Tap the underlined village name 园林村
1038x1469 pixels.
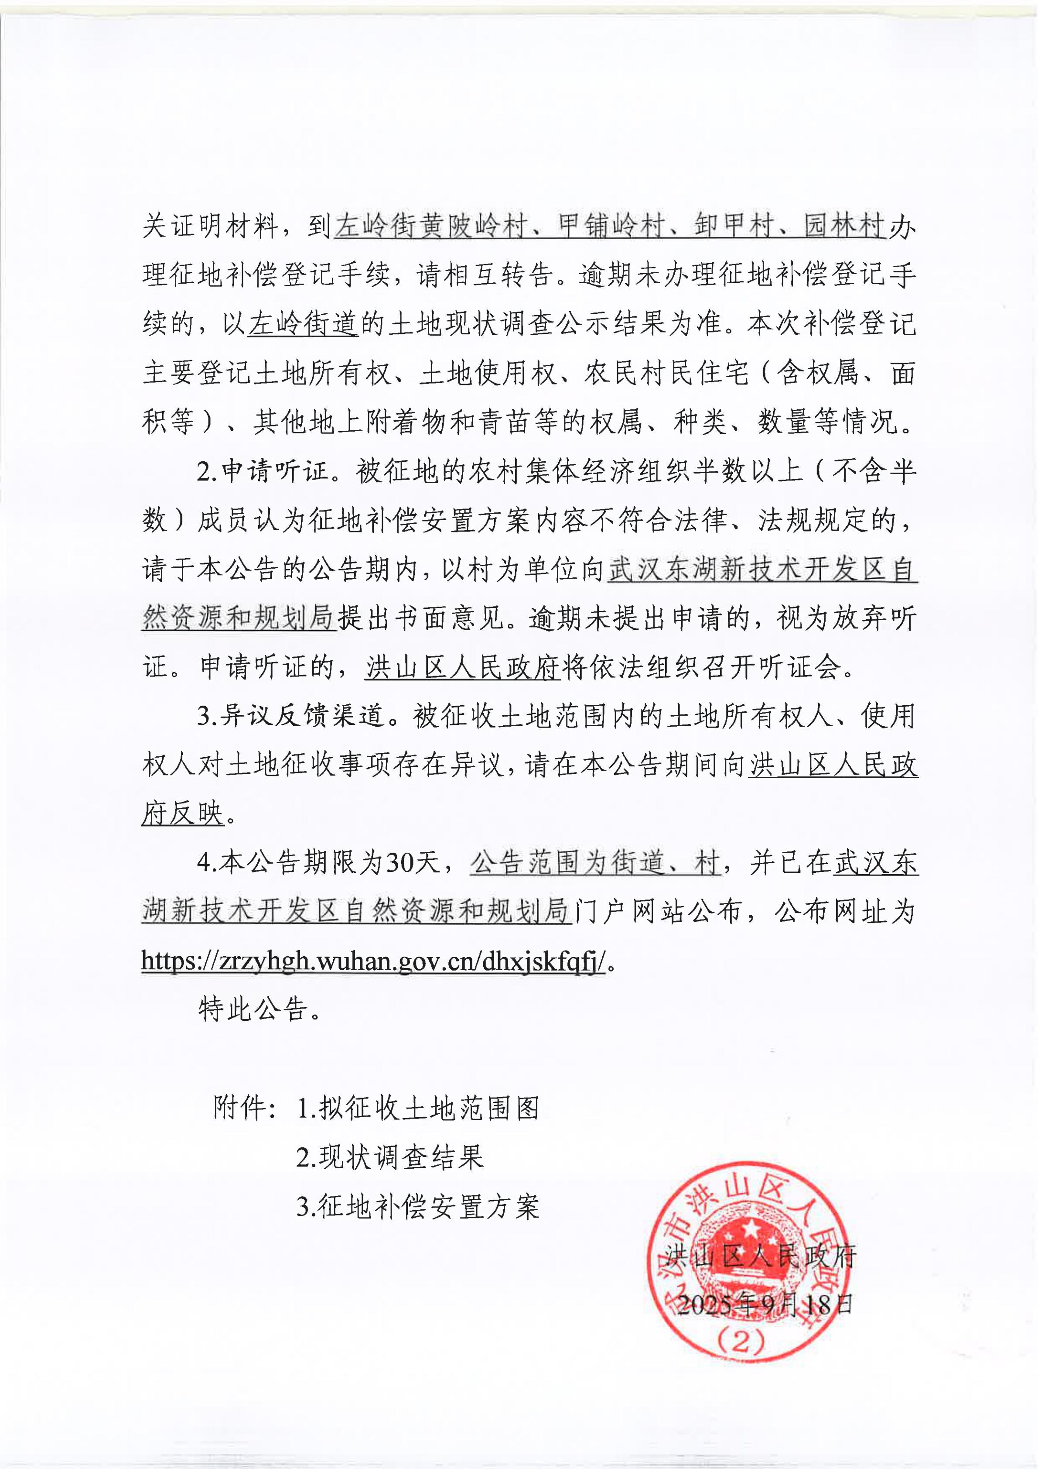click(844, 227)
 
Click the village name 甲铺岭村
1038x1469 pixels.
click(611, 227)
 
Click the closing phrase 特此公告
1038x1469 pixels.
click(253, 1009)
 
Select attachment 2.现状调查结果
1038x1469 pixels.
click(390, 1157)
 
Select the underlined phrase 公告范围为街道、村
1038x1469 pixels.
click(595, 863)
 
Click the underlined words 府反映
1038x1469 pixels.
click(183, 814)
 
